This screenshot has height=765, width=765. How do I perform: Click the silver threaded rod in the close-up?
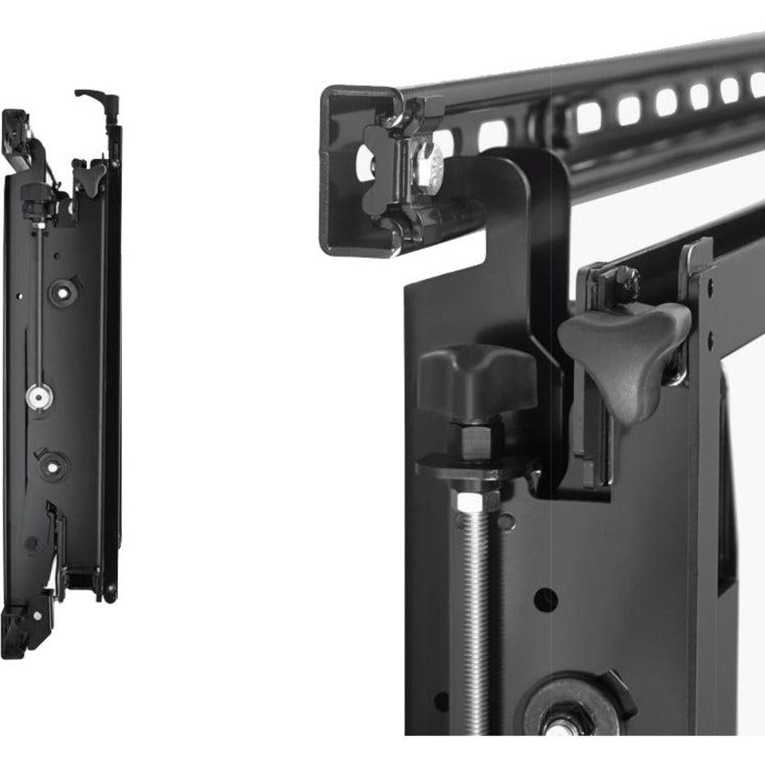coord(476,604)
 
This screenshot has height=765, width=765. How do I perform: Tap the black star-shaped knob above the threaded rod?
coord(476,377)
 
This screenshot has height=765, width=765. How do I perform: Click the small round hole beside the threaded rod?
coord(545,599)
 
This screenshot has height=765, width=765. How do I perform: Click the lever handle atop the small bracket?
coord(94,96)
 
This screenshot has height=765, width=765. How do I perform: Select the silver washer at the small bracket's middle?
coord(38,396)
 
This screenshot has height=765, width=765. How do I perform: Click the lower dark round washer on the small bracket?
coord(52,465)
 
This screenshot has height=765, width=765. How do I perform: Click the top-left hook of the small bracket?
coord(16,128)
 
